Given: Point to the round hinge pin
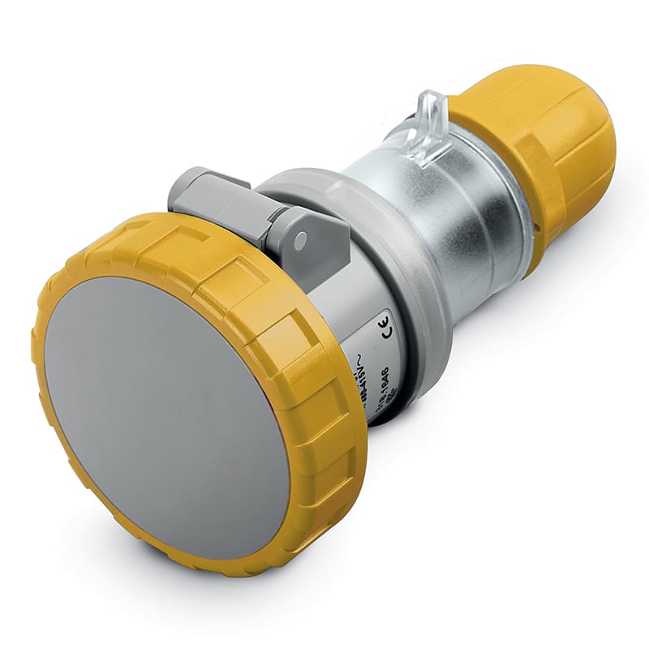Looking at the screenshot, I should [x=301, y=240].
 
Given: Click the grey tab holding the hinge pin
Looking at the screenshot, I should [x=312, y=243].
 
